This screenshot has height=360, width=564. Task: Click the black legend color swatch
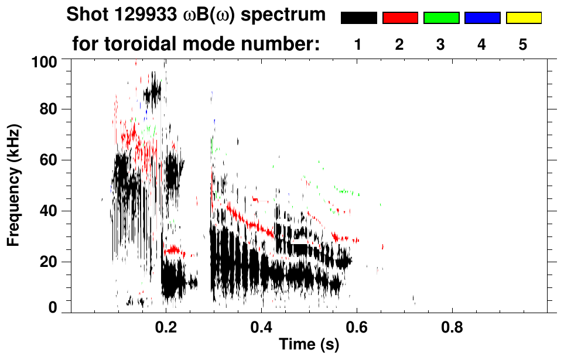(359, 18)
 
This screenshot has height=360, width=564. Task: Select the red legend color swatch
(400, 18)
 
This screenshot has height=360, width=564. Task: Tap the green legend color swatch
(441, 18)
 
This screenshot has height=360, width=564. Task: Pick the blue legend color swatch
(482, 18)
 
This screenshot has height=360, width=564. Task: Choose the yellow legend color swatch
(524, 18)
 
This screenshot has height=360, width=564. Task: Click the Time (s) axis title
(309, 345)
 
